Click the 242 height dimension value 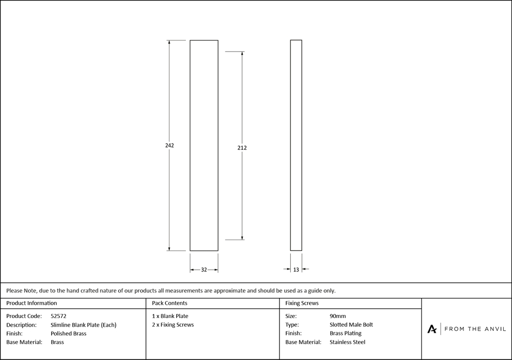[169, 145]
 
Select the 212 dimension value [242, 148]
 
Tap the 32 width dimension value [204, 269]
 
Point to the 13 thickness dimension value [296, 269]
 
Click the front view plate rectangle [204, 145]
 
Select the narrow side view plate [296, 145]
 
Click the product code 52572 [59, 316]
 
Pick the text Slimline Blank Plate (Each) [83, 325]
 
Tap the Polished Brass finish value [69, 333]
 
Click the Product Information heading [32, 303]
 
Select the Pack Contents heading [169, 303]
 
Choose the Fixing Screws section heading [302, 303]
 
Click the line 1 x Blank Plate [170, 316]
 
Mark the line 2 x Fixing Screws [173, 325]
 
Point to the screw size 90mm [338, 316]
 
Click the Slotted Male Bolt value [351, 325]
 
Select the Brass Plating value [346, 333]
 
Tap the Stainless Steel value [348, 342]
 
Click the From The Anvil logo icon [432, 329]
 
